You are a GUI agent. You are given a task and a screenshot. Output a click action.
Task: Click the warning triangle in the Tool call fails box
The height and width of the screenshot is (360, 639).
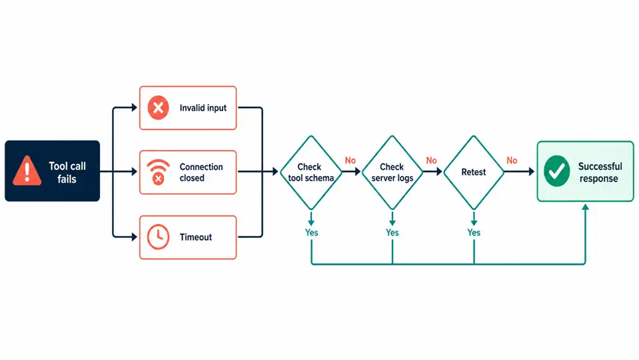[27, 171]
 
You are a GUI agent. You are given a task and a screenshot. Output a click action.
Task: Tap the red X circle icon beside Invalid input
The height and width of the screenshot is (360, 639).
[158, 107]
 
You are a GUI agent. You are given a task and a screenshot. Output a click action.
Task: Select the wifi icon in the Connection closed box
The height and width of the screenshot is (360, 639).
[158, 172]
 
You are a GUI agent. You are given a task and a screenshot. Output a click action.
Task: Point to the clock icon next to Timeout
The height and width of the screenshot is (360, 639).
[158, 237]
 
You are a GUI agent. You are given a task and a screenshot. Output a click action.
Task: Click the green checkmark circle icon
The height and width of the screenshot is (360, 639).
[556, 171]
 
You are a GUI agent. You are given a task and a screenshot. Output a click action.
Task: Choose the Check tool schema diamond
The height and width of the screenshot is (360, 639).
[311, 173]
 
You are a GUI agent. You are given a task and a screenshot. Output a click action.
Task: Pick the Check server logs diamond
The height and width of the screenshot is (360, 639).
[392, 173]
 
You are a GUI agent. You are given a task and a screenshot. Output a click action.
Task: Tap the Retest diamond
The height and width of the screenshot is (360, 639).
[474, 173]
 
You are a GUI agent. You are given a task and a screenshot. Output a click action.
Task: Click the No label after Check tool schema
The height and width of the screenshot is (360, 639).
[350, 161]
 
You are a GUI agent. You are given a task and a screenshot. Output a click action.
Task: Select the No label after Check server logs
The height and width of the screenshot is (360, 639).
[431, 161]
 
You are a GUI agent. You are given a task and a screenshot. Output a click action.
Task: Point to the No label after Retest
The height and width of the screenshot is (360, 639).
[512, 161]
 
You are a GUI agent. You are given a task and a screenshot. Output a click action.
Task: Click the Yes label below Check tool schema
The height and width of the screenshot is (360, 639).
[311, 233]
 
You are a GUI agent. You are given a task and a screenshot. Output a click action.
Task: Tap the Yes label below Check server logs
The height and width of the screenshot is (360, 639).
[392, 233]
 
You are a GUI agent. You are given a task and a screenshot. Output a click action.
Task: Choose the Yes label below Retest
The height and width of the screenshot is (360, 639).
[474, 233]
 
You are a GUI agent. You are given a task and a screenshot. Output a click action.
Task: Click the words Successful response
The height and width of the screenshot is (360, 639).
[600, 172]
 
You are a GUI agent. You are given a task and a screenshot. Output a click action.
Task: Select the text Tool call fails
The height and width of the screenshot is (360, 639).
[67, 172]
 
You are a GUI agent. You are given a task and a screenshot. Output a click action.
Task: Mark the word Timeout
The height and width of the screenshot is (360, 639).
[196, 237]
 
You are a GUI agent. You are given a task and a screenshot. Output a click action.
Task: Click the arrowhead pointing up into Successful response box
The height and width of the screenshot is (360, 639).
[585, 207]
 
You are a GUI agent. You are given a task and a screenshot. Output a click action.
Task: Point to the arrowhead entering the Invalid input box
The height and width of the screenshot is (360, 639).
[134, 107]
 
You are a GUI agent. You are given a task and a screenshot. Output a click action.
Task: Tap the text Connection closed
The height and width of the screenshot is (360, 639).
[201, 172]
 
